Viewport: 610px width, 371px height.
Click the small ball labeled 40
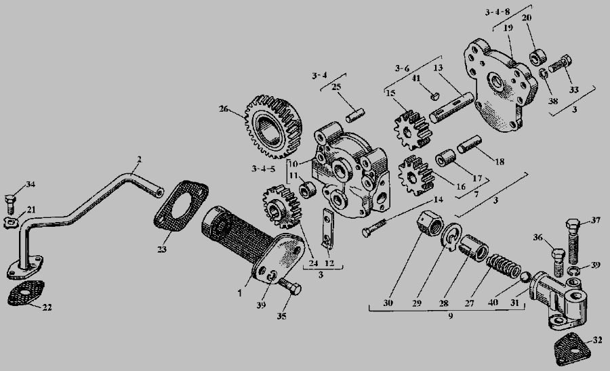pos(526,277)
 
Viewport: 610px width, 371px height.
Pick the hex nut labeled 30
pos(430,223)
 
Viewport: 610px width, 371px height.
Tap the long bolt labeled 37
pos(573,241)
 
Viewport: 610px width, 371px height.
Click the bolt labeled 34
pos(10,204)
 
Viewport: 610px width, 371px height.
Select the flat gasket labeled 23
pos(182,205)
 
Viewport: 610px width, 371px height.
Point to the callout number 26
pos(223,109)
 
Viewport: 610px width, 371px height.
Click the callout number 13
pos(438,68)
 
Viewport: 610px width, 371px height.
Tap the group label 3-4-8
pos(497,12)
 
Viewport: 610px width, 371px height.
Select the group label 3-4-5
pos(264,169)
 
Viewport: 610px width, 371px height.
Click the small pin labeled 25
pos(355,115)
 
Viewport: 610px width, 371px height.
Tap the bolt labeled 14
pos(374,227)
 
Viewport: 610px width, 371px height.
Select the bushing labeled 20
pos(538,57)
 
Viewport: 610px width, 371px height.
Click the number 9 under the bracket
pos(451,316)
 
